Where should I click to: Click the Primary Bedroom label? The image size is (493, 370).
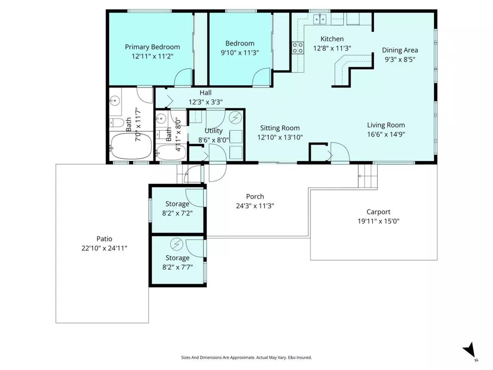(152, 47)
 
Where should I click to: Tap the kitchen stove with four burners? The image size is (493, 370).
(297, 48)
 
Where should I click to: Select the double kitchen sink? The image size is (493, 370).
(320, 19)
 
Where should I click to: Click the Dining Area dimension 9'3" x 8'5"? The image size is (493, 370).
(400, 60)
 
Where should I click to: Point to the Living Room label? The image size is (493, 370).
(386, 125)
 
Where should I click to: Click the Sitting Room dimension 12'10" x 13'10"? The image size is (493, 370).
(280, 137)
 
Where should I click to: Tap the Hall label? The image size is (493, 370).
(205, 92)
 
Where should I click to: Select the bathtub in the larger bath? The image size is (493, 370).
(131, 146)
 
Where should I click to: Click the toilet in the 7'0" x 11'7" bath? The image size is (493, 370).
(117, 123)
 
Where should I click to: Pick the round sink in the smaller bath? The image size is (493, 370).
(161, 118)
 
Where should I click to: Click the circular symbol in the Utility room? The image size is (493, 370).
(235, 117)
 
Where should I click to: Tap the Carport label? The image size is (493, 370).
(378, 212)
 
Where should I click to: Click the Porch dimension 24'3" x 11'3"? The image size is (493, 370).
(255, 206)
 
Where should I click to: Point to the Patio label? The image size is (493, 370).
(104, 238)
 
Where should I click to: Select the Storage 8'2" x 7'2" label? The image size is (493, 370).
(177, 208)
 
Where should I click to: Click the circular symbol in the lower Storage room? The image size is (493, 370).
(176, 244)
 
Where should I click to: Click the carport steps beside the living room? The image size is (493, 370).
(368, 177)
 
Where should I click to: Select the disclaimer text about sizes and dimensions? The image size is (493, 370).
(246, 357)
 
